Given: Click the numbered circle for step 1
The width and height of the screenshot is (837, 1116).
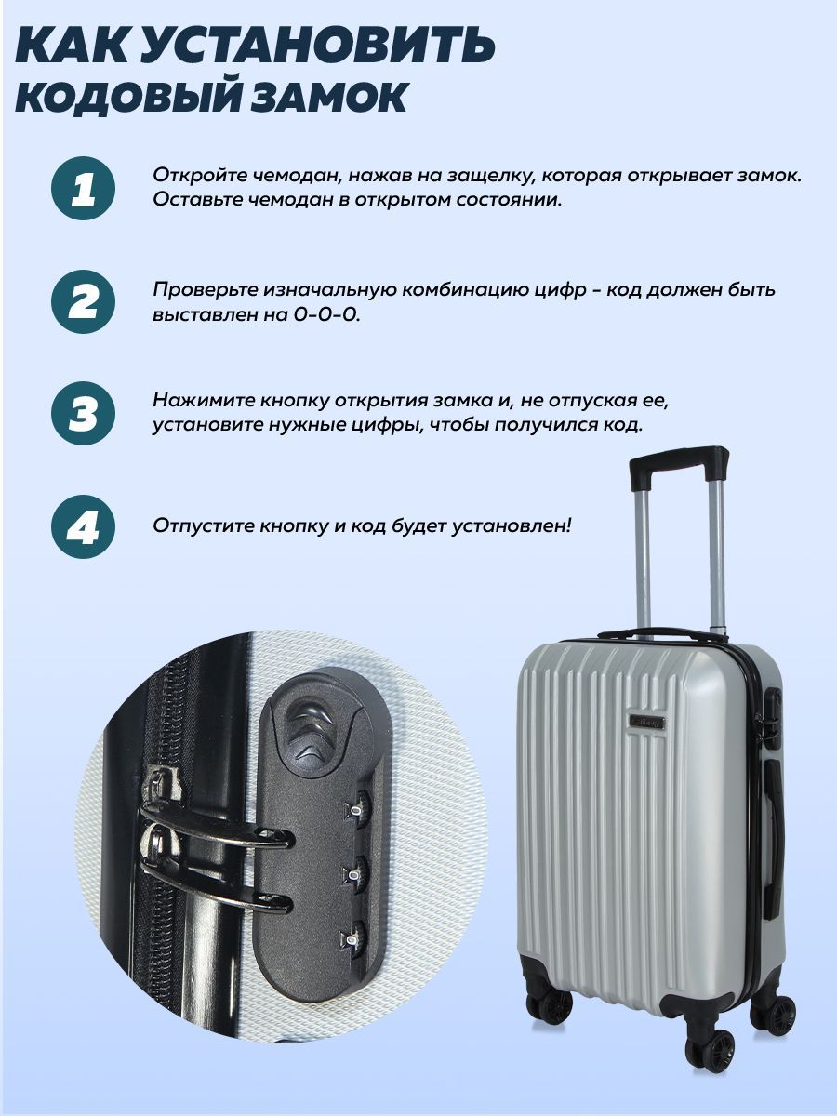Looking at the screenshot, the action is [84, 188].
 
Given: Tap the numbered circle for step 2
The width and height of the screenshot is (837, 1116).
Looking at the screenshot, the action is [84, 301].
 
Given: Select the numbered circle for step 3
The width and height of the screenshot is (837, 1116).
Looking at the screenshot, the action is [84, 414].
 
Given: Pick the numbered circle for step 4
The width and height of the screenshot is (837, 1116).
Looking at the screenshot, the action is [84, 526].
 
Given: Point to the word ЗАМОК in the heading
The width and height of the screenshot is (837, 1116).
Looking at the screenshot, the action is [329, 97].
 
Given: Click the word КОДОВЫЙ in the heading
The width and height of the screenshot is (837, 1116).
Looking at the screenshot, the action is [129, 97].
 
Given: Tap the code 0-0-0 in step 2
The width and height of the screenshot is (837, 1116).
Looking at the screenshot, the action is [326, 314].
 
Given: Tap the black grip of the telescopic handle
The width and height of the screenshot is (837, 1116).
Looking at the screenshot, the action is [679, 467].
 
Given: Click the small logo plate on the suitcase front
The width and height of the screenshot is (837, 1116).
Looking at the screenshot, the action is [650, 721].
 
